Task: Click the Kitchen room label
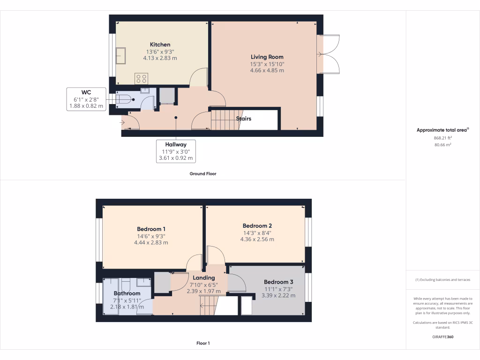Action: pos(160,45)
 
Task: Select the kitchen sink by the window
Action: pos(121,55)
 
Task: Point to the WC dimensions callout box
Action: pos(86,99)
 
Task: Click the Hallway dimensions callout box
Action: pos(176,151)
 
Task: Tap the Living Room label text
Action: pos(267,57)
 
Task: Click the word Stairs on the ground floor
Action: pos(244,119)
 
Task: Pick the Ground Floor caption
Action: pos(202,173)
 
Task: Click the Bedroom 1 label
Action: pos(151,229)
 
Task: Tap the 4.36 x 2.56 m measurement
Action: pos(257,239)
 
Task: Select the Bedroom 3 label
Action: pos(278,282)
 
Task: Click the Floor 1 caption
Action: pos(202,343)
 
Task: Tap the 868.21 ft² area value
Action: pos(442,138)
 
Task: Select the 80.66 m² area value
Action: pos(442,145)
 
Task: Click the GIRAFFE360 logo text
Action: pos(442,337)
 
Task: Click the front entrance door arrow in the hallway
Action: pos(123,123)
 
